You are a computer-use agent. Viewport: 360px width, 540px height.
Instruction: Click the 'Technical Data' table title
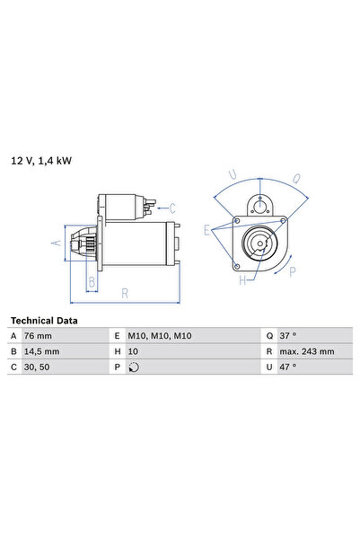coord(43,320)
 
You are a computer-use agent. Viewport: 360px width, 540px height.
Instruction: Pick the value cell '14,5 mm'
coord(47,351)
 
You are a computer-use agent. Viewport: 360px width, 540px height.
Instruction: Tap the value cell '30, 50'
coord(42,367)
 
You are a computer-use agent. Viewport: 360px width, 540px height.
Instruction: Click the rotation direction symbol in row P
coord(135,367)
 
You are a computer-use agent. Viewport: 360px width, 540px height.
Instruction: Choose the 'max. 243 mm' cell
coord(305,351)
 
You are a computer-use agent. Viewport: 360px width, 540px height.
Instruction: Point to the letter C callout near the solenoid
coord(172,208)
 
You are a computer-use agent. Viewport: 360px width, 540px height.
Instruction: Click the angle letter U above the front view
coord(233,174)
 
